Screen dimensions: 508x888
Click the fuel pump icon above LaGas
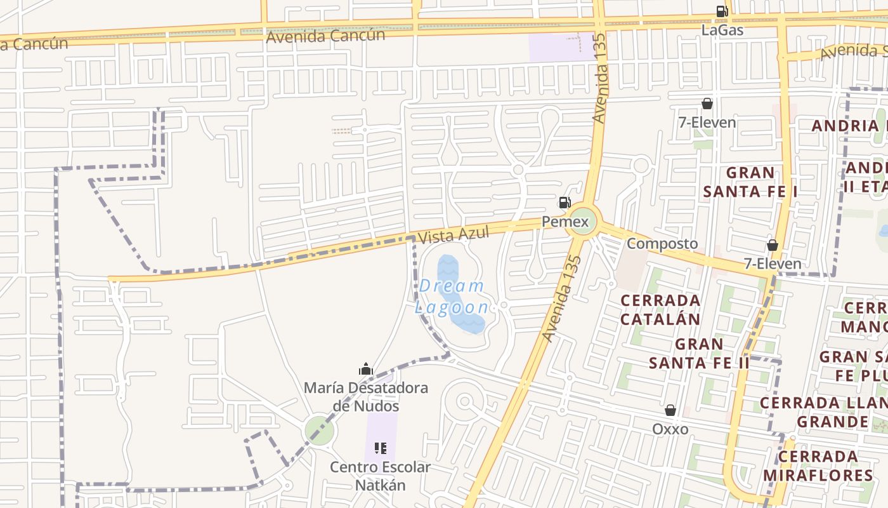(x=722, y=11)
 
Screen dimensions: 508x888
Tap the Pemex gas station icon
(x=564, y=203)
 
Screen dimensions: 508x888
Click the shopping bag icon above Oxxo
(x=670, y=410)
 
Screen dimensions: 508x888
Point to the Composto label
(x=662, y=244)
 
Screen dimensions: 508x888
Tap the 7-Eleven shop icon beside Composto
(x=772, y=245)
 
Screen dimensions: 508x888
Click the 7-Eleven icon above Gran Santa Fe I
(x=707, y=104)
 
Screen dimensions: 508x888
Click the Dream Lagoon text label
(x=453, y=297)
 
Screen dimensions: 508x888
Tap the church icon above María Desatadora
(x=365, y=369)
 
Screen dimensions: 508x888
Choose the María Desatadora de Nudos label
(x=366, y=397)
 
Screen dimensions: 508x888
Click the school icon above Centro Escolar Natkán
(x=381, y=448)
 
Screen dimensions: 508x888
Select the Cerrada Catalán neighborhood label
(x=660, y=309)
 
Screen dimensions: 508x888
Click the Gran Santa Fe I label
(x=750, y=182)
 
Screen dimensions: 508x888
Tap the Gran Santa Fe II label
(x=699, y=354)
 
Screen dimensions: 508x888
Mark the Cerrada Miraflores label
(x=818, y=466)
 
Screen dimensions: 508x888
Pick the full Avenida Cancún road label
(x=325, y=36)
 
